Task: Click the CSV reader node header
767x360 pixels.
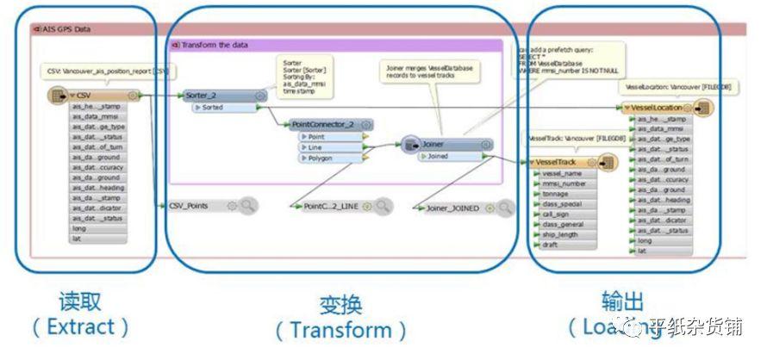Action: [97, 96]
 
